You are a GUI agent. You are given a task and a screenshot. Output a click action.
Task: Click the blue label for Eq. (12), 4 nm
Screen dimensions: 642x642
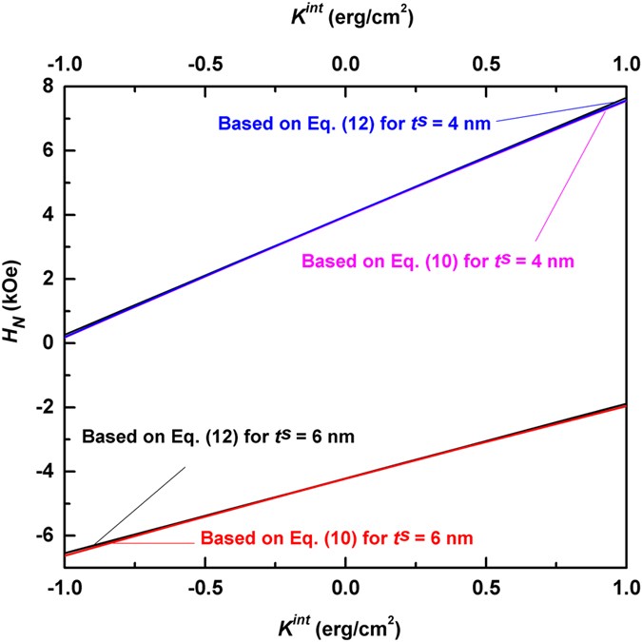[353, 124]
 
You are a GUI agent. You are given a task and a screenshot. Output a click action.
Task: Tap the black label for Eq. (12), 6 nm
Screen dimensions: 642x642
[218, 438]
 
